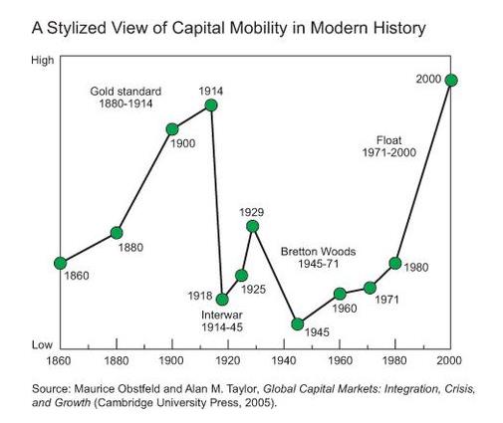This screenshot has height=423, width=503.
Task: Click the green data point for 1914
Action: click(x=210, y=105)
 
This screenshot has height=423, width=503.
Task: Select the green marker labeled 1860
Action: click(x=60, y=263)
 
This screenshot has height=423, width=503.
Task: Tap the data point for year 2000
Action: click(x=451, y=80)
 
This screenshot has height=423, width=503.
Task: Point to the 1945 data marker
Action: click(x=297, y=323)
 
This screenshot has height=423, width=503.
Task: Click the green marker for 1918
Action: click(x=222, y=299)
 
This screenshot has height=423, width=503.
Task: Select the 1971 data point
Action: click(x=370, y=288)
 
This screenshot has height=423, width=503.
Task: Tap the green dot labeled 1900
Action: click(x=172, y=129)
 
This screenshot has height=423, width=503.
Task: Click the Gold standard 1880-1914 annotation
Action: click(x=126, y=98)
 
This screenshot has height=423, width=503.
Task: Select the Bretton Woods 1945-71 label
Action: click(x=318, y=257)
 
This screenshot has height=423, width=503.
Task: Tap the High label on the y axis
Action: click(x=43, y=61)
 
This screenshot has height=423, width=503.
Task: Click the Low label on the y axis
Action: click(x=43, y=343)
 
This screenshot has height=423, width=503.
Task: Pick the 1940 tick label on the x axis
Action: click(x=284, y=359)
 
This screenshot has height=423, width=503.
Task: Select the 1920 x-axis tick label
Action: click(x=228, y=359)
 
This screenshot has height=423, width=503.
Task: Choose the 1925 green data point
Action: click(x=241, y=275)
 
